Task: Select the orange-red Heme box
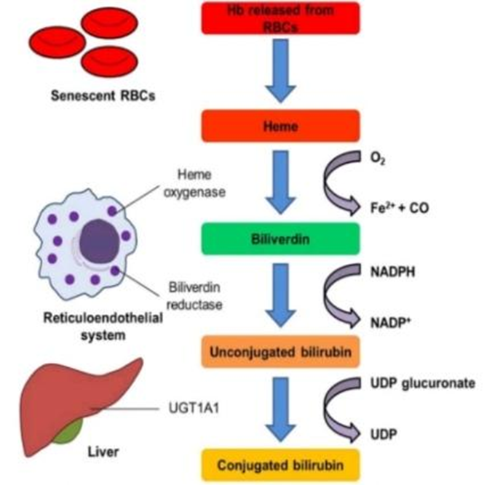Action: (281, 125)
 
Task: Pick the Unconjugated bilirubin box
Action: (281, 353)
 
